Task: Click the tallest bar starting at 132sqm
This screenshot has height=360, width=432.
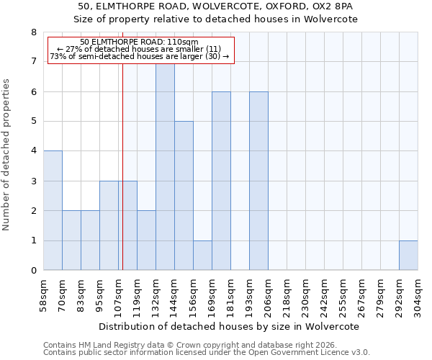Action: (x=165, y=167)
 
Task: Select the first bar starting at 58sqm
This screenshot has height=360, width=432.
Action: (x=53, y=210)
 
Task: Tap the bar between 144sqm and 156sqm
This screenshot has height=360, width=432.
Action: (x=184, y=196)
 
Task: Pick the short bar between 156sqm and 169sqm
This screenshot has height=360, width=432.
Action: (x=202, y=256)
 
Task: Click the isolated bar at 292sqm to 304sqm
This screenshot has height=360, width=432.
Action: (x=408, y=256)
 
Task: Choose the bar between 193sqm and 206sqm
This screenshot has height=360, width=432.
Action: (x=258, y=181)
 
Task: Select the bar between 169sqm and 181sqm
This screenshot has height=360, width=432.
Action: (x=221, y=181)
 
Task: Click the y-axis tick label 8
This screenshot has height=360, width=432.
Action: (x=33, y=32)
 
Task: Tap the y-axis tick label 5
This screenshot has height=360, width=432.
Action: (x=33, y=122)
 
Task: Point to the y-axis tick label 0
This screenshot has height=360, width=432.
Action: (x=33, y=271)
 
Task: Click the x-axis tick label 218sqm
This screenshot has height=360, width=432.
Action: (x=287, y=295)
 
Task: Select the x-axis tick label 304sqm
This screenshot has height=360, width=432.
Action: (x=418, y=295)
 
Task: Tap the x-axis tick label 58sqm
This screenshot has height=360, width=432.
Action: (x=43, y=295)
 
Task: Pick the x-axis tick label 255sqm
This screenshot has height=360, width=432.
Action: (x=343, y=295)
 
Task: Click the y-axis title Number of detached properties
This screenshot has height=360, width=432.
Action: (x=6, y=155)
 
